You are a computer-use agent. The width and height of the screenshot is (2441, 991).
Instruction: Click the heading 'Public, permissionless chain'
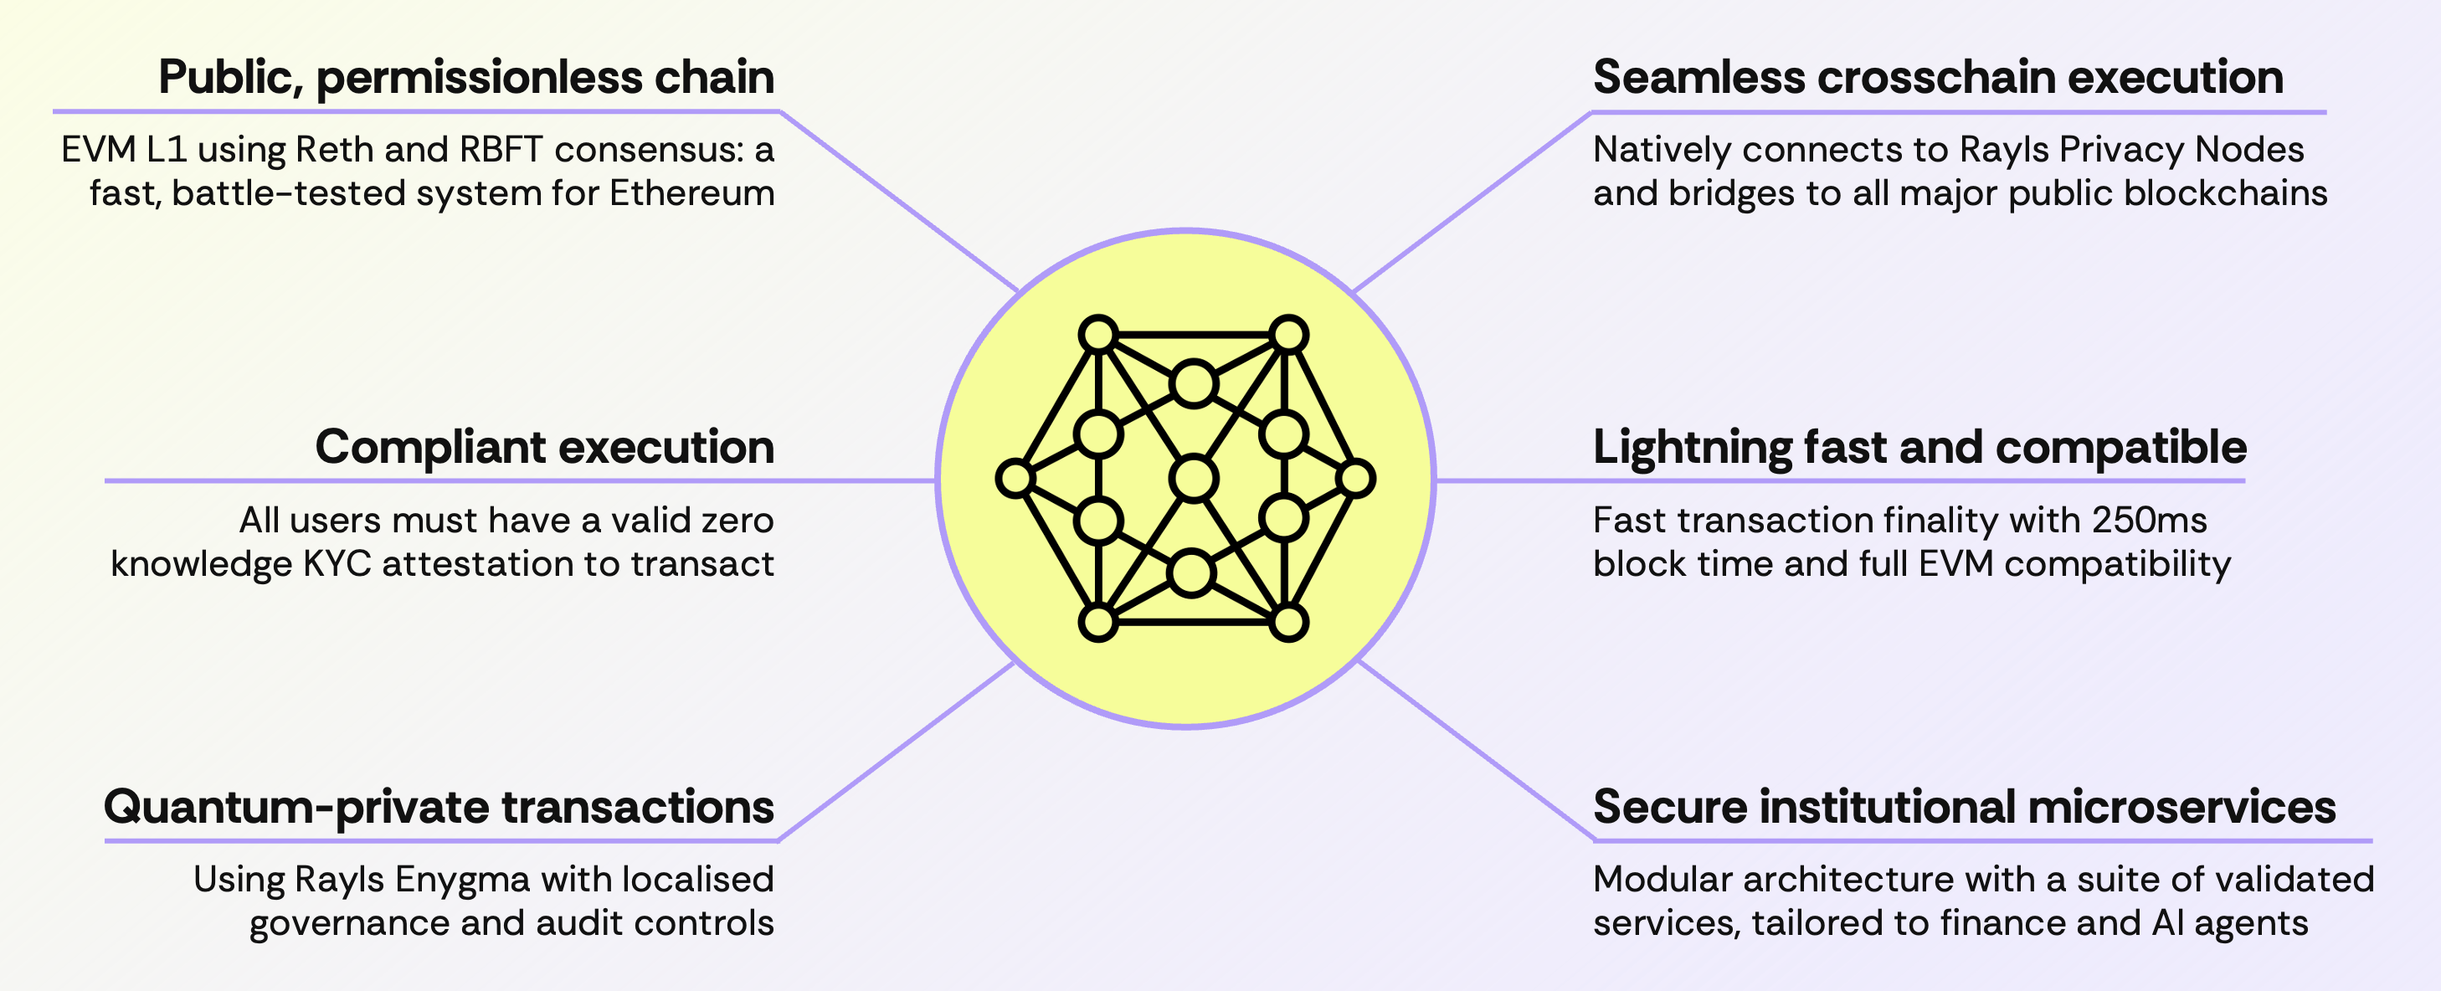click(x=466, y=78)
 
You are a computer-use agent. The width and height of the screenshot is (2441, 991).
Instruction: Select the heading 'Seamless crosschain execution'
click(x=1938, y=78)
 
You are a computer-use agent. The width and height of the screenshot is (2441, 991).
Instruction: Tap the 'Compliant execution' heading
click(x=544, y=447)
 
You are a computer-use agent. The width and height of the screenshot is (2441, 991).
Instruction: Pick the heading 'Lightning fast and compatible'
click(x=1919, y=447)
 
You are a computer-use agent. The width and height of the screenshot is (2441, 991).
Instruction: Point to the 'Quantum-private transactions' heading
click(x=439, y=807)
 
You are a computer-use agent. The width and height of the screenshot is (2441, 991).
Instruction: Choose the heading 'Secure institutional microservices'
click(x=1963, y=807)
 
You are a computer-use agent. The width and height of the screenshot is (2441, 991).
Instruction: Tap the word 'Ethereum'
click(x=691, y=193)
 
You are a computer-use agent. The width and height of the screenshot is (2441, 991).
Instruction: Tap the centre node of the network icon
click(x=1193, y=477)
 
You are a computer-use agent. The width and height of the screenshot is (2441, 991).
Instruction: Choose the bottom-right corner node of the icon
click(x=1287, y=623)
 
